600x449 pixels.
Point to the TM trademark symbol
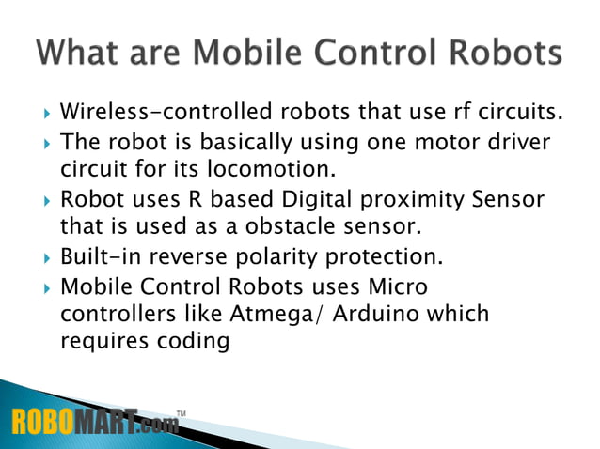181,410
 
